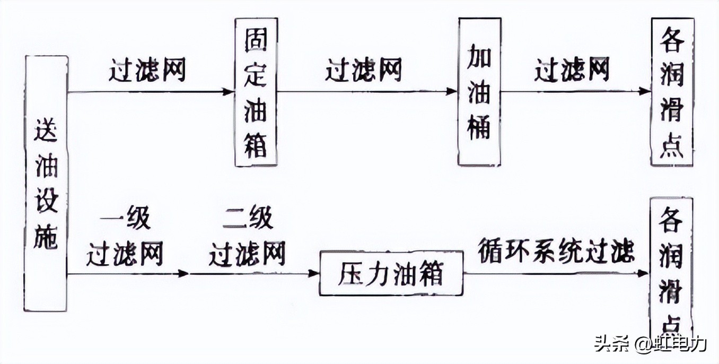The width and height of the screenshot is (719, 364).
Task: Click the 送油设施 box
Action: click(x=46, y=183)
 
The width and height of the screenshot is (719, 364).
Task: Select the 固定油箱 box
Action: click(x=256, y=92)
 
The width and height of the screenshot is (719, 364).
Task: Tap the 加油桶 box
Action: click(x=479, y=92)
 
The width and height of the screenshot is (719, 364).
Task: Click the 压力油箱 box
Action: click(x=391, y=273)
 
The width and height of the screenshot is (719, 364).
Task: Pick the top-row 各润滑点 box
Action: click(x=672, y=92)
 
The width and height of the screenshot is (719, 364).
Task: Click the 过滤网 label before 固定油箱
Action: click(x=147, y=71)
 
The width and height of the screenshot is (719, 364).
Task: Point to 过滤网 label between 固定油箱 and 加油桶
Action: click(x=364, y=71)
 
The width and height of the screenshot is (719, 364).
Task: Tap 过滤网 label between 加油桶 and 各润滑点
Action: click(x=572, y=71)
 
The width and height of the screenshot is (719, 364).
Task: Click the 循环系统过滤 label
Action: click(x=556, y=250)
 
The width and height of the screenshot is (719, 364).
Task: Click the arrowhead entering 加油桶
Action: click(x=452, y=92)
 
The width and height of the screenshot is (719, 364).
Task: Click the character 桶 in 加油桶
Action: click(x=479, y=128)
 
